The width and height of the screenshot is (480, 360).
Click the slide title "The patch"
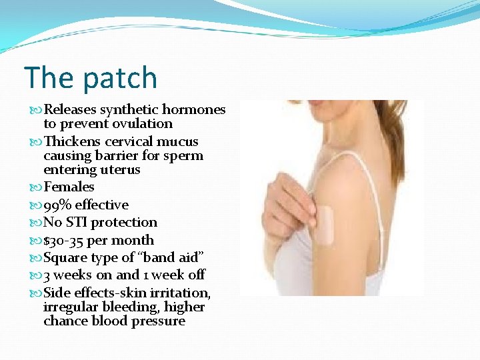pyautogui.click(x=91, y=77)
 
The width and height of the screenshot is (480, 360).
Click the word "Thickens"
pyautogui.click(x=71, y=141)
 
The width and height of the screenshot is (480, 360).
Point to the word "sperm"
pyautogui.click(x=185, y=156)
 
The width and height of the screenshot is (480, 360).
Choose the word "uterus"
pyautogui.click(x=118, y=170)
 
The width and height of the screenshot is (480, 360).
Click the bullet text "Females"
pyautogui.click(x=69, y=187)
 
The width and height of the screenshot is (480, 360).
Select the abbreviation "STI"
pyautogui.click(x=77, y=223)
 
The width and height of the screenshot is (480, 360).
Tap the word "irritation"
pyautogui.click(x=183, y=293)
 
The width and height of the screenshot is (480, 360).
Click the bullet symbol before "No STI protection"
pyautogui.click(x=37, y=223)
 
